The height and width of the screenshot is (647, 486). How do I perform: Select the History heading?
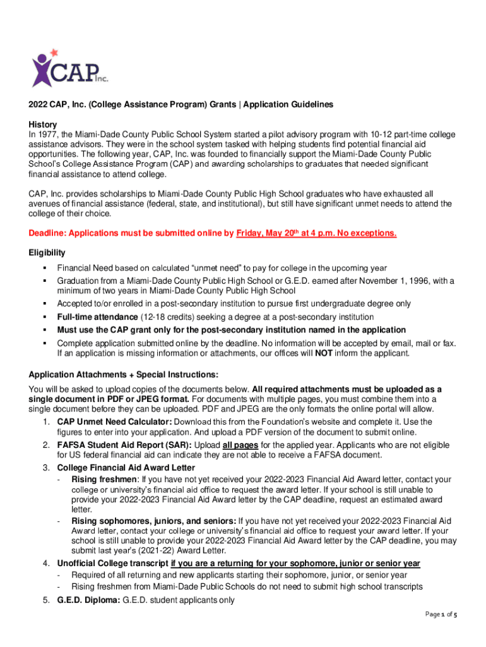pyautogui.click(x=43, y=124)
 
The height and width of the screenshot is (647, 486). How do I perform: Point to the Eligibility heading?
pyautogui.click(x=47, y=253)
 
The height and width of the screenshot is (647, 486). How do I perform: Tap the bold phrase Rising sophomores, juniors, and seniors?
pyautogui.click(x=154, y=521)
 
